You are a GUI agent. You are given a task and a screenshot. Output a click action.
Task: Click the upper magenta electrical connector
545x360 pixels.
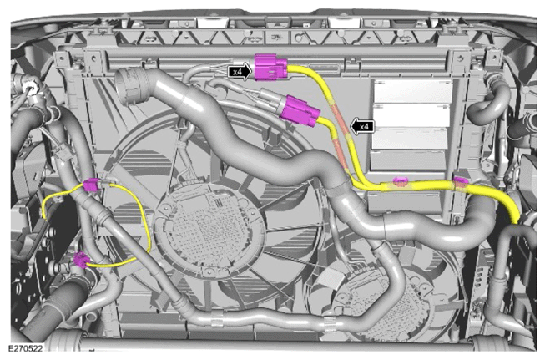tap(270, 68)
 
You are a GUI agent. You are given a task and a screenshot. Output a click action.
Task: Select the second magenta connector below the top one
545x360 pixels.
tap(300, 110)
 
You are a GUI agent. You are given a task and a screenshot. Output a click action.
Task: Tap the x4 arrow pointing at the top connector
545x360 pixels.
tap(240, 72)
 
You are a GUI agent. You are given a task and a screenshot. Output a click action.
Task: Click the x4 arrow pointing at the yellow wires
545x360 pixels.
tap(362, 126)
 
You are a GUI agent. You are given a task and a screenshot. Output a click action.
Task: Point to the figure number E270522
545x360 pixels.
tap(25, 348)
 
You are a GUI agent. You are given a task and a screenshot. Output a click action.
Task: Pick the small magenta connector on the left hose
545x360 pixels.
tap(92, 185)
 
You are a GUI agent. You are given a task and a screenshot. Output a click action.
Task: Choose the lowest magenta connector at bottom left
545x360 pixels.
tap(81, 260)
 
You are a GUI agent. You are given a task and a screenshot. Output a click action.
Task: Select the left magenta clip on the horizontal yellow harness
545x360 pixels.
tap(400, 180)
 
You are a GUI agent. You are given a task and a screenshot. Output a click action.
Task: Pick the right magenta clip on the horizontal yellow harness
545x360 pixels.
tap(461, 181)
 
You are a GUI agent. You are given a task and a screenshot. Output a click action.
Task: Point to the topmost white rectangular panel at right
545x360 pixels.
tap(412, 90)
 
